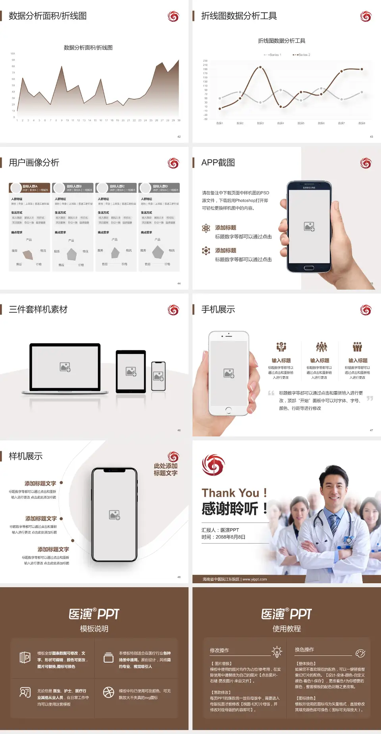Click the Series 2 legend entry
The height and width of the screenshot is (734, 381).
tap(302, 55)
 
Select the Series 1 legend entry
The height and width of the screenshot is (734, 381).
tap(273, 55)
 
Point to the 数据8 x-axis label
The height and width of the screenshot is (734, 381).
tap(362, 123)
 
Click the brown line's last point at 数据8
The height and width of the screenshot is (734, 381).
tap(362, 69)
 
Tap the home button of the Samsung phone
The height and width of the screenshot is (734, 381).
tap(309, 268)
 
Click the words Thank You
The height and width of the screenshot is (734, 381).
tap(230, 493)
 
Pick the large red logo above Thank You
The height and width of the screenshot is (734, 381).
tap(213, 465)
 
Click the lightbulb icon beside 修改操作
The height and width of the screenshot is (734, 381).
tap(277, 651)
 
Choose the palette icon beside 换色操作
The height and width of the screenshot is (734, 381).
tap(360, 653)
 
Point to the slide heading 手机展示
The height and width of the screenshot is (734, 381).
tap(218, 309)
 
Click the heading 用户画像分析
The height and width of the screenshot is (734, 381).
tap(34, 163)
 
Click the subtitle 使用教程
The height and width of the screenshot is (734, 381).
tap(287, 629)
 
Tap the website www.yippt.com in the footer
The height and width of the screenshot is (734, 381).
tap(254, 579)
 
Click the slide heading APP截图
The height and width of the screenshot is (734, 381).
tap(218, 163)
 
